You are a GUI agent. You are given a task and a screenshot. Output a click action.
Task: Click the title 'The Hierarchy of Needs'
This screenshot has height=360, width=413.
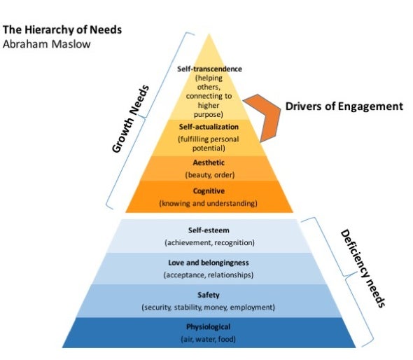62,30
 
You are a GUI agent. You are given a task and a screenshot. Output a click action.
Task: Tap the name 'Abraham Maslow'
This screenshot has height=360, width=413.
47,44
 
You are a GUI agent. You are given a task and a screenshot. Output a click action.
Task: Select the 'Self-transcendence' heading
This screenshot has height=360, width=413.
209,69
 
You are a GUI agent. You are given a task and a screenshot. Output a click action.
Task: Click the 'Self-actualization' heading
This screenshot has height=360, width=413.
209,127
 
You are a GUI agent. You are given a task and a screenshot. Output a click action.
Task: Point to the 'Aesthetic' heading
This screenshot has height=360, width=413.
209,162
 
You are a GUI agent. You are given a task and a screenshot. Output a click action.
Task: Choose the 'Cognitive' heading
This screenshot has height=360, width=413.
209,191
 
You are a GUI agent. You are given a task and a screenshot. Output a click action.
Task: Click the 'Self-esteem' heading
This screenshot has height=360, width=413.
209,230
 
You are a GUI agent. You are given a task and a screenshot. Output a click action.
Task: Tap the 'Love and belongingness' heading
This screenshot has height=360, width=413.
209,263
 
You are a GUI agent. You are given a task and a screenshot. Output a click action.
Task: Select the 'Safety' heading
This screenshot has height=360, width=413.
209,295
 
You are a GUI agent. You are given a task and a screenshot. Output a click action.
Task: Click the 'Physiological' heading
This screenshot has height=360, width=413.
209,327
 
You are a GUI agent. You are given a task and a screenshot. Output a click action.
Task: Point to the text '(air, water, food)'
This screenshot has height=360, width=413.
209,339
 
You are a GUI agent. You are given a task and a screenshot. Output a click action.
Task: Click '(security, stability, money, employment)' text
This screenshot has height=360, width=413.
209,307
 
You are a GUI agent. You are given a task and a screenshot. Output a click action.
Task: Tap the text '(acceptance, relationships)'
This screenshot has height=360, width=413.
209,275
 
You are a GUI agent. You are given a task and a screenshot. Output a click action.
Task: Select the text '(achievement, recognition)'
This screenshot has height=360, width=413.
210,243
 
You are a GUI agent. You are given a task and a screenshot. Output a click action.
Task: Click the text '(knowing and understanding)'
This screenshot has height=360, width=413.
209,203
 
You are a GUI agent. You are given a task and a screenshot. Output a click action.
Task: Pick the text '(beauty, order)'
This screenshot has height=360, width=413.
210,175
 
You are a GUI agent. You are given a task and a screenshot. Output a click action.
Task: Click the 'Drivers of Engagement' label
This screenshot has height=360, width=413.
344,106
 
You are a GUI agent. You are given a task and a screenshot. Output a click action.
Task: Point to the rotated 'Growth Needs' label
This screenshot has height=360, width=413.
130,119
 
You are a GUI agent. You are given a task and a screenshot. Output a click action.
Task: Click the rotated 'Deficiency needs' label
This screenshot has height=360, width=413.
363,268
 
